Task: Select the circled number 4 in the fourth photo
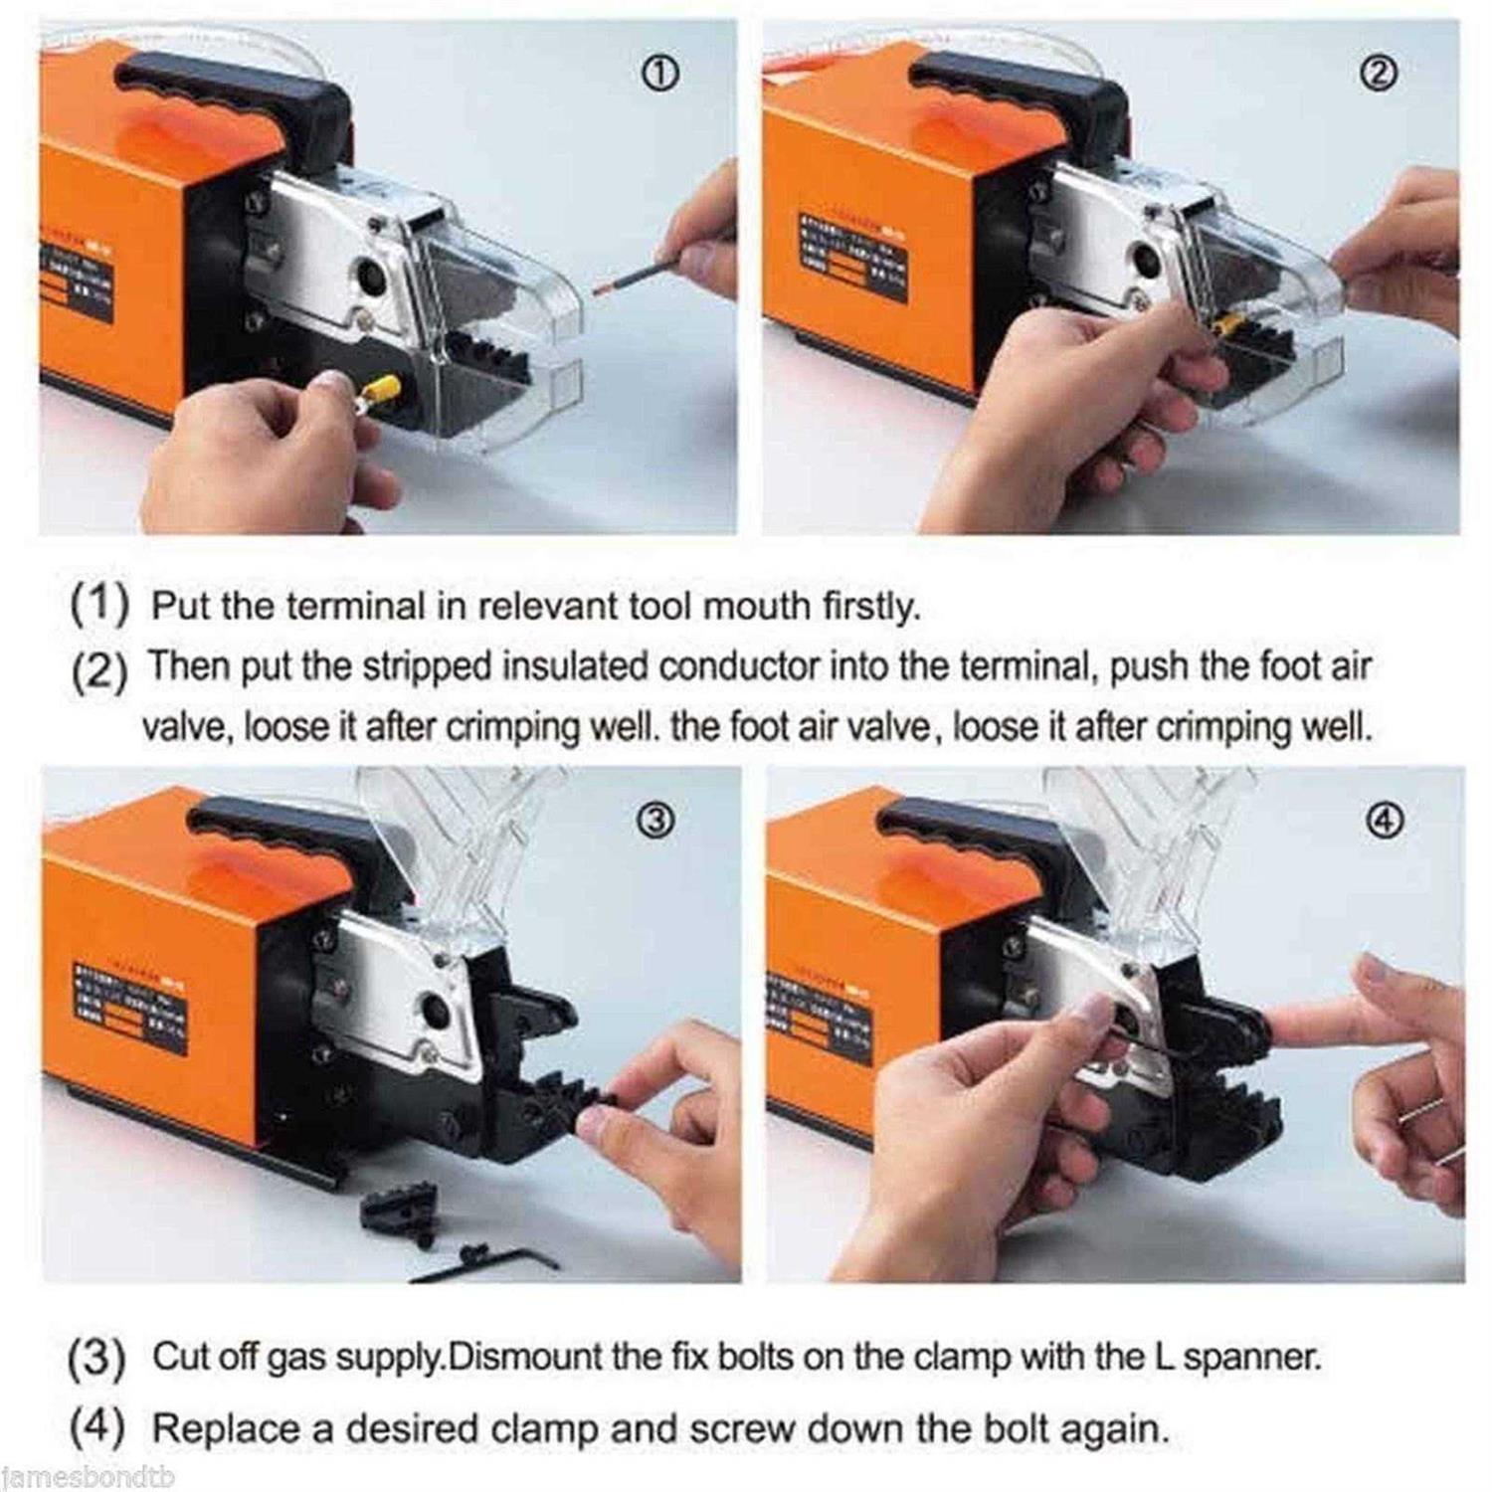click(1391, 820)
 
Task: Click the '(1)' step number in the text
click(99, 607)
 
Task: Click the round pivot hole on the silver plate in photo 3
click(434, 1011)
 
